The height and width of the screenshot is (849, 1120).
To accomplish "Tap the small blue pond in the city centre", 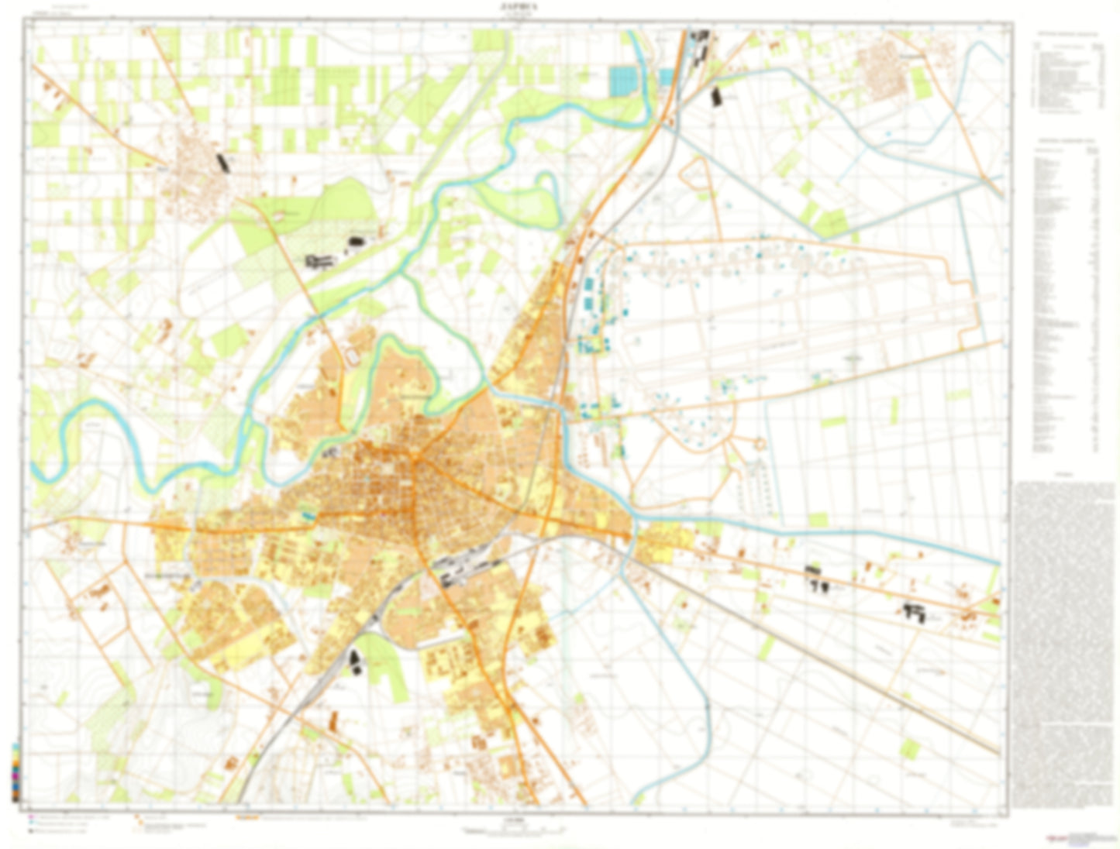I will [x=308, y=514].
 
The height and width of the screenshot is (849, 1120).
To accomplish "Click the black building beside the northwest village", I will [x=223, y=163].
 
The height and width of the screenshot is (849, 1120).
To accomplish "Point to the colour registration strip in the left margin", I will [x=16, y=772].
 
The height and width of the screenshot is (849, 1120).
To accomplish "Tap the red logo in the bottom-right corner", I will [x=1053, y=838].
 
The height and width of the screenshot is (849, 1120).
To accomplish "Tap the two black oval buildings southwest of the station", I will [x=356, y=663].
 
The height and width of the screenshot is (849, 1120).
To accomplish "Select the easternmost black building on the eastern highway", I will [x=915, y=613].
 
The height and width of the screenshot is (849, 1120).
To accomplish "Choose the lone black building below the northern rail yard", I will [x=715, y=97].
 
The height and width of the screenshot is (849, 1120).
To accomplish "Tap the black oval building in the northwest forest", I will [x=355, y=243].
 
